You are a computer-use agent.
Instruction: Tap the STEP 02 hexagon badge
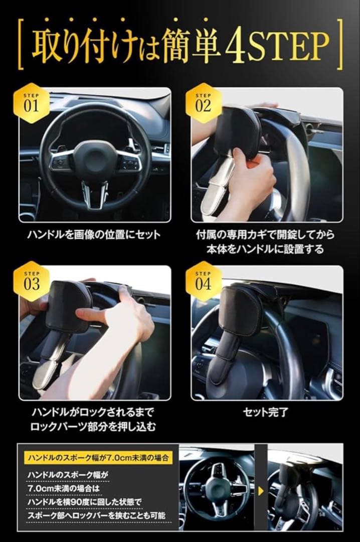point(203,103)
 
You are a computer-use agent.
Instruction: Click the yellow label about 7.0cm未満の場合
point(96,457)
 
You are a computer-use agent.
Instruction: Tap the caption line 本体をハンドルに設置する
point(267,249)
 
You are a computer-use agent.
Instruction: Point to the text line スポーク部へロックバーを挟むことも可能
point(97,515)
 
